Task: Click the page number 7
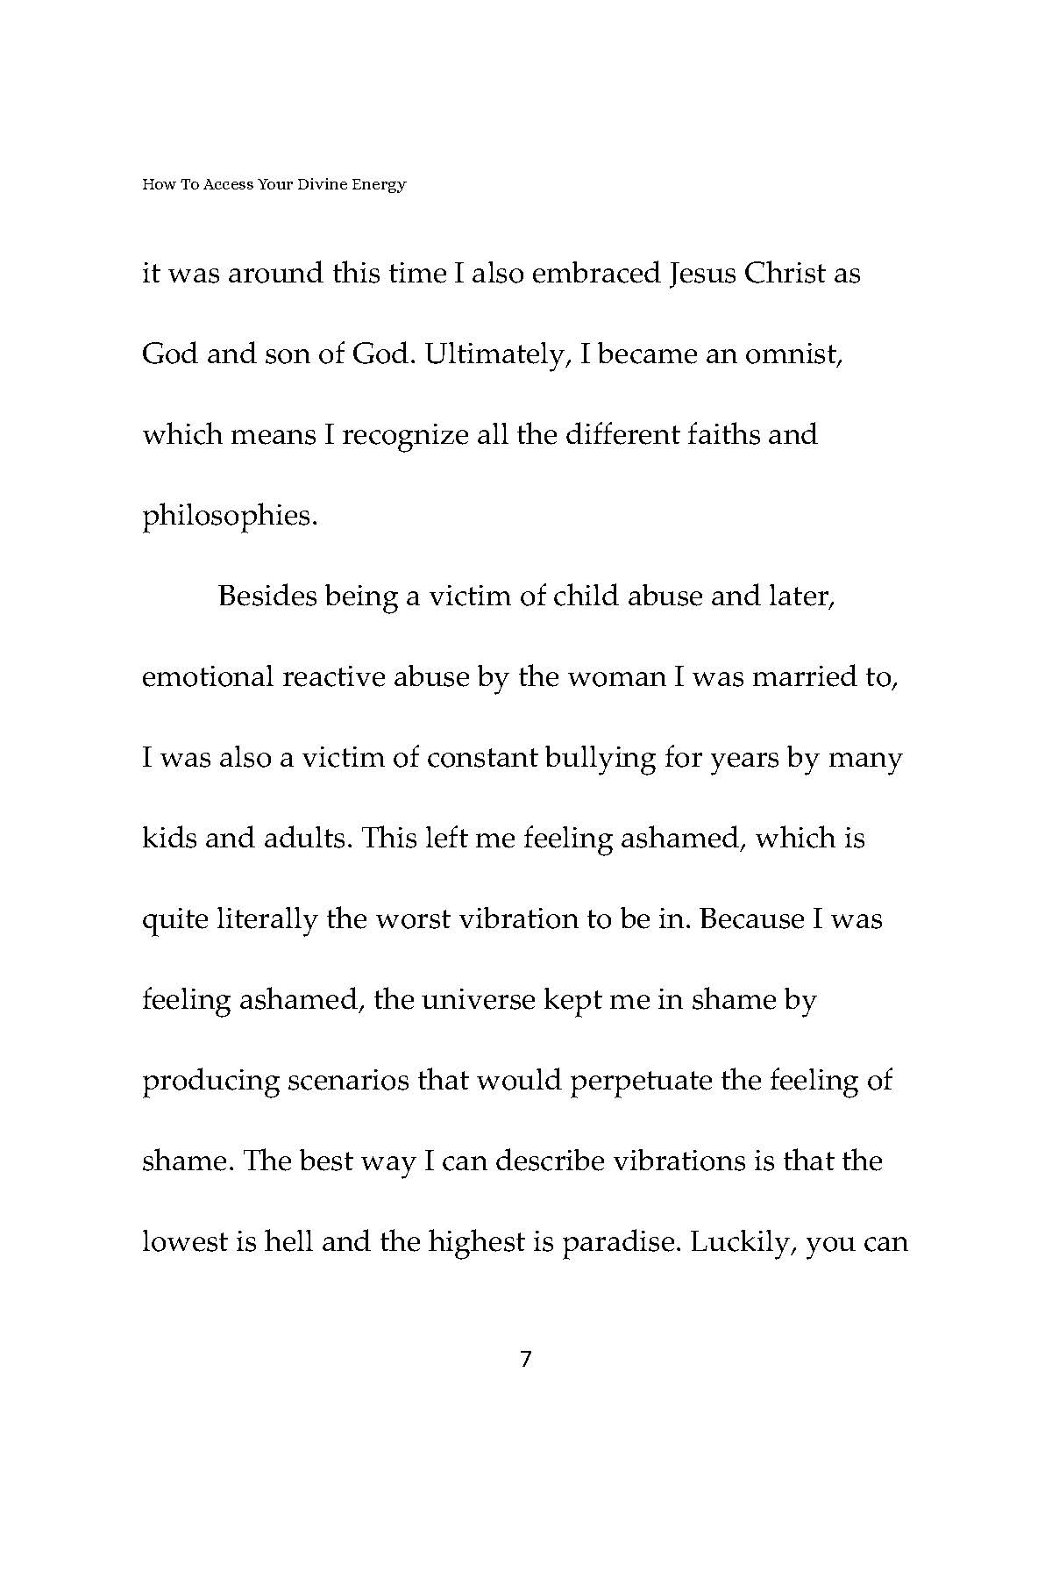point(526,1360)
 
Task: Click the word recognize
point(405,434)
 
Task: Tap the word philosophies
point(229,516)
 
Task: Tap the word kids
point(168,839)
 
